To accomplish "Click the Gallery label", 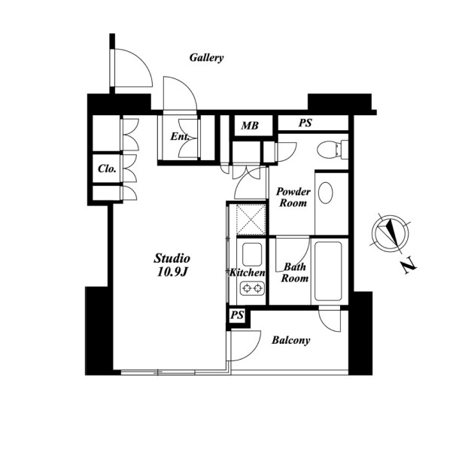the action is [x=206, y=58].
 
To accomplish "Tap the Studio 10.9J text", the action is [x=172, y=265].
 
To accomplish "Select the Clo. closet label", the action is [x=107, y=169].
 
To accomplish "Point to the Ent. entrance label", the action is [x=180, y=136].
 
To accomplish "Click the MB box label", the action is [x=250, y=126].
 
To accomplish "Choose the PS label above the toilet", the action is [x=305, y=123].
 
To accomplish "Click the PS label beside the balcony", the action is [x=237, y=315].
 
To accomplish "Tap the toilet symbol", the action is [x=333, y=150].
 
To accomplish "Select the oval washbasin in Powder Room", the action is [x=326, y=193].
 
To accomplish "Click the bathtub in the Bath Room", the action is [x=328, y=271].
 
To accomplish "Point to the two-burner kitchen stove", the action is [x=252, y=288].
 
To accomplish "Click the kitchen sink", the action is [x=252, y=254].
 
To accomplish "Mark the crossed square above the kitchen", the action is [x=251, y=220].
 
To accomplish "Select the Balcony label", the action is [x=290, y=340].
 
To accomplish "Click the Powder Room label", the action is [x=293, y=197].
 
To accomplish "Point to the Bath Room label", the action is [x=295, y=272].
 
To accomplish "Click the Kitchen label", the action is [x=248, y=272].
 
